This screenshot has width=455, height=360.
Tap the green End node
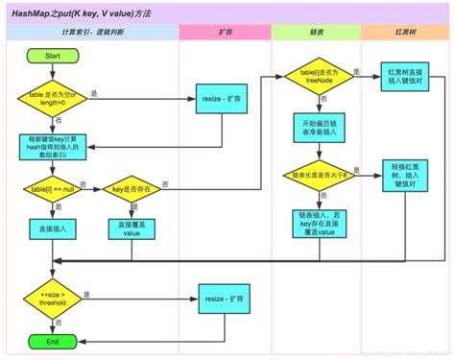(x=52, y=340)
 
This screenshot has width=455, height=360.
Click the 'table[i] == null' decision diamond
(x=52, y=191)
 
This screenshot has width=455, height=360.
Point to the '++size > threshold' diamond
(x=53, y=300)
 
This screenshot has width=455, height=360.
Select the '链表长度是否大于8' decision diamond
(x=318, y=177)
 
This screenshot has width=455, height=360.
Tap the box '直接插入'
(x=53, y=231)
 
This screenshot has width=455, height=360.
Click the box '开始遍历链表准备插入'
(x=318, y=129)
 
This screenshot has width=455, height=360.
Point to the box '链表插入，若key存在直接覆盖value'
(x=318, y=224)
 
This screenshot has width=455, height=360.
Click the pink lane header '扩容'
(x=225, y=33)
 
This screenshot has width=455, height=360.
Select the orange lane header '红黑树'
(x=404, y=33)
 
